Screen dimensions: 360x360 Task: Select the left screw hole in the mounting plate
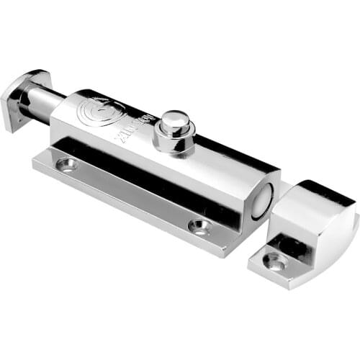click(x=69, y=165)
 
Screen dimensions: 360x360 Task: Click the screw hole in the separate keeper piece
click(x=274, y=261)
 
